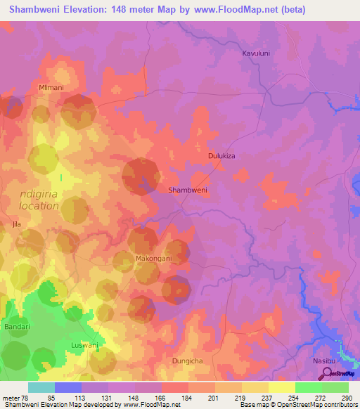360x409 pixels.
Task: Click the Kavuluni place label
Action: (256, 53)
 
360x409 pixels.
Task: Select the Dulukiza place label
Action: (225, 157)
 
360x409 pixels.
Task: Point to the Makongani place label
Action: (153, 259)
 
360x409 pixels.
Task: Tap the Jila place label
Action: (16, 224)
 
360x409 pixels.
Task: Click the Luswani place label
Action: (85, 345)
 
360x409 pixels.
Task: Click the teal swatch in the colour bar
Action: (41, 387)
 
